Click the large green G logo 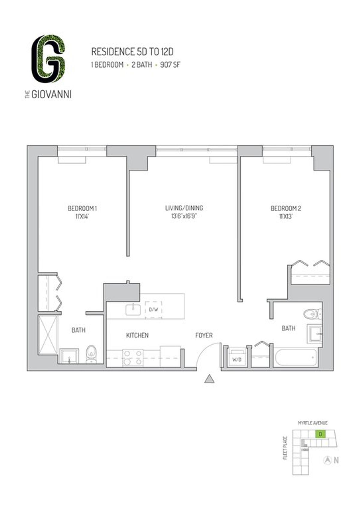(48, 59)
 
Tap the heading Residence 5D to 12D (132, 52)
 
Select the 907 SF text (170, 65)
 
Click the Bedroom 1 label (82, 208)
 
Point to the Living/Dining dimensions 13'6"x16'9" (184, 216)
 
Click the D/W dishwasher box (153, 310)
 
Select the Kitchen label (137, 335)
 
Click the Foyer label (204, 335)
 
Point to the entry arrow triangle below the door (209, 379)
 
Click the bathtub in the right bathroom (295, 358)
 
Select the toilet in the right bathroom (311, 314)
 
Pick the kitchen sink (133, 309)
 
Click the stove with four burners (132, 358)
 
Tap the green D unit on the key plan (321, 434)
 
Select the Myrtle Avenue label (313, 423)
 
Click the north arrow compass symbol (328, 460)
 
